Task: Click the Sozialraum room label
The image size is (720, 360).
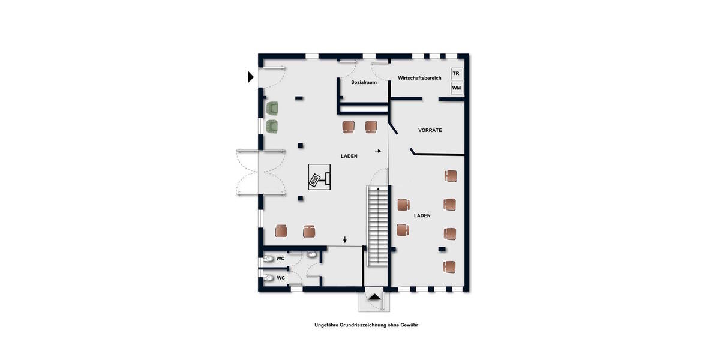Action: point(364,82)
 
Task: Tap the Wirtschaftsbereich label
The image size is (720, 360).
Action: point(419,79)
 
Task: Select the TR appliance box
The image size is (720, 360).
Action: point(457,74)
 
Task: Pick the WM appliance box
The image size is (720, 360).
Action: point(457,88)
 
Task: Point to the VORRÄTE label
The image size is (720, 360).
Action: point(430,130)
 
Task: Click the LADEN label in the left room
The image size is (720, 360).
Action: point(349,156)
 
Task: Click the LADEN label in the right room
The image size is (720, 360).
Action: point(422,215)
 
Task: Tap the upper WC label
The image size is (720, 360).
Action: point(280,259)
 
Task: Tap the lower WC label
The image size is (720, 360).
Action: point(280,278)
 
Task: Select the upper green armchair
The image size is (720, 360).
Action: point(273,109)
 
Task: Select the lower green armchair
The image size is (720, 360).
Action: point(273,127)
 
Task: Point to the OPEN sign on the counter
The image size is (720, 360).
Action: point(313,178)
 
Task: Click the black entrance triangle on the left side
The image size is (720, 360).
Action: point(251,76)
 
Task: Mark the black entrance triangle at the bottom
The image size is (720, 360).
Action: point(374,296)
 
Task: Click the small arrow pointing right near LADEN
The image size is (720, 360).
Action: point(378,151)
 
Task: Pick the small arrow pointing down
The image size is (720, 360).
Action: point(345,241)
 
